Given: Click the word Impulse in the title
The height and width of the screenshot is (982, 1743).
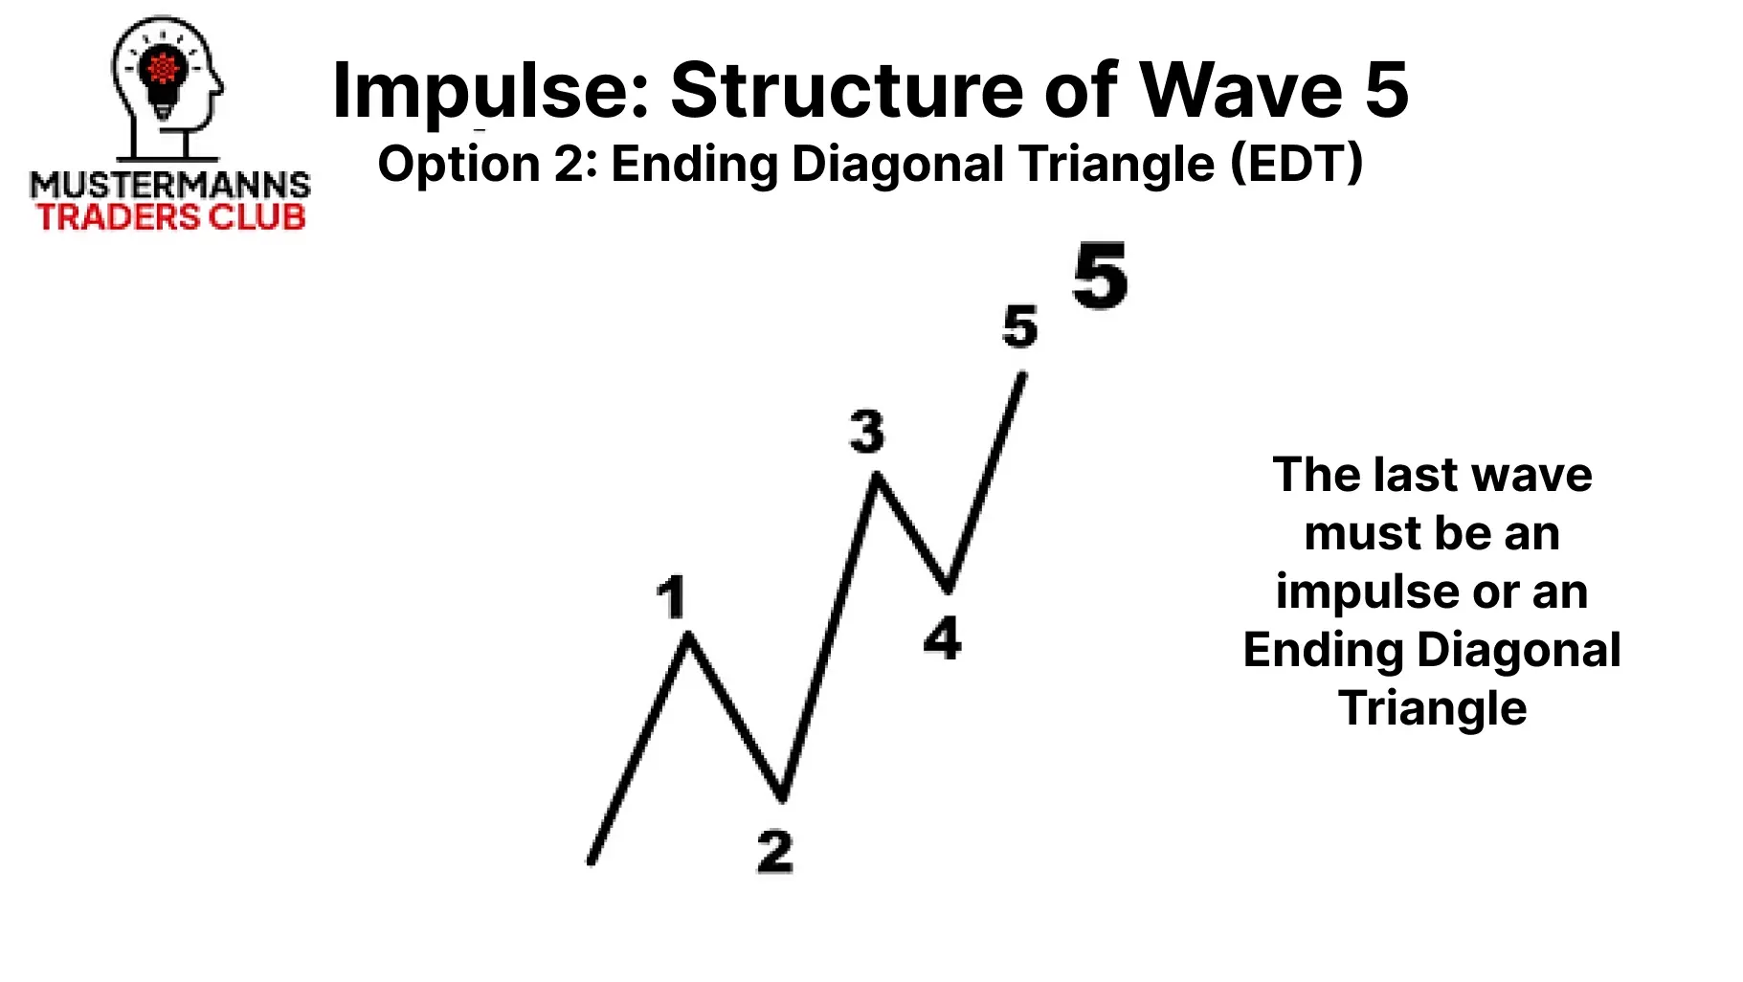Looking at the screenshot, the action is pyautogui.click(x=489, y=92).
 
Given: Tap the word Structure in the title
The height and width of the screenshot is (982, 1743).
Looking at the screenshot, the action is pyautogui.click(x=848, y=90).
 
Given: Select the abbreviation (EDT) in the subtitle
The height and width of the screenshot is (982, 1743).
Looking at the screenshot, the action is pyautogui.click(x=1297, y=164).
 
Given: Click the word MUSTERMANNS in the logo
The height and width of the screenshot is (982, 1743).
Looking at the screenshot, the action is pyautogui.click(x=170, y=185).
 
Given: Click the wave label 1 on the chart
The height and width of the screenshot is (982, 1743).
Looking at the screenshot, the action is pyautogui.click(x=672, y=597).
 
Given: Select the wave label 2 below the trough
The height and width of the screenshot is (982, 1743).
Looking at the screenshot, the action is pyautogui.click(x=775, y=851).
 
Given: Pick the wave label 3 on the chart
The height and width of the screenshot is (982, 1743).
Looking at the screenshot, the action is pyautogui.click(x=867, y=431).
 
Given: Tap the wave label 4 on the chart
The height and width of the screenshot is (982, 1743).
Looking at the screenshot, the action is pyautogui.click(x=943, y=637).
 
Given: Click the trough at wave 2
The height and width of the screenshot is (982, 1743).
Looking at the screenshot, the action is pyautogui.click(x=782, y=796).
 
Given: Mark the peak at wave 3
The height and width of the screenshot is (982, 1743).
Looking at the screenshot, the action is pyautogui.click(x=875, y=475).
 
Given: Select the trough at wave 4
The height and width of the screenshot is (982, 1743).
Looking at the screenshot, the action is pyautogui.click(x=947, y=588).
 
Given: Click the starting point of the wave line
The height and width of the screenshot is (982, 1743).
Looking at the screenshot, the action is pyautogui.click(x=591, y=861).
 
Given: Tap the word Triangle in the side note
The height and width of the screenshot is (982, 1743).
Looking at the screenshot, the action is pyautogui.click(x=1433, y=709).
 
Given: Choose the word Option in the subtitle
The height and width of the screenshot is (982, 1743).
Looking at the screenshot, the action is pyautogui.click(x=458, y=165).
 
